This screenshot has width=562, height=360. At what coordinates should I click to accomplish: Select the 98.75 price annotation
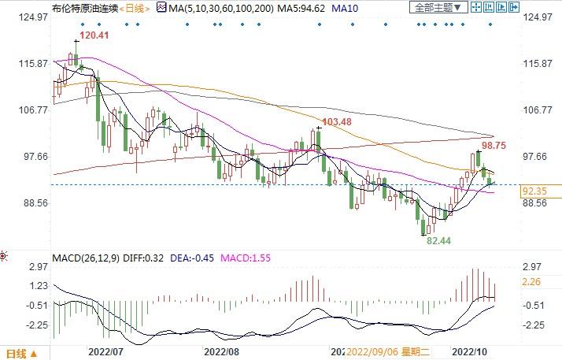[494, 146]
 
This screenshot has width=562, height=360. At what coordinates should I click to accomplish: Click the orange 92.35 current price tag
[534, 191]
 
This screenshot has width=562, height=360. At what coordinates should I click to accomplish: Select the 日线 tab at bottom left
[17, 353]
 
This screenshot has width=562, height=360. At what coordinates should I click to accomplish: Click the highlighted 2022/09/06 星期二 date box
[391, 351]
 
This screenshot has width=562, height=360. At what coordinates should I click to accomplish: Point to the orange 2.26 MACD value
[532, 282]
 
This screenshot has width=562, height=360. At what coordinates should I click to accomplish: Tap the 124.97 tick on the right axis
[539, 17]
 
